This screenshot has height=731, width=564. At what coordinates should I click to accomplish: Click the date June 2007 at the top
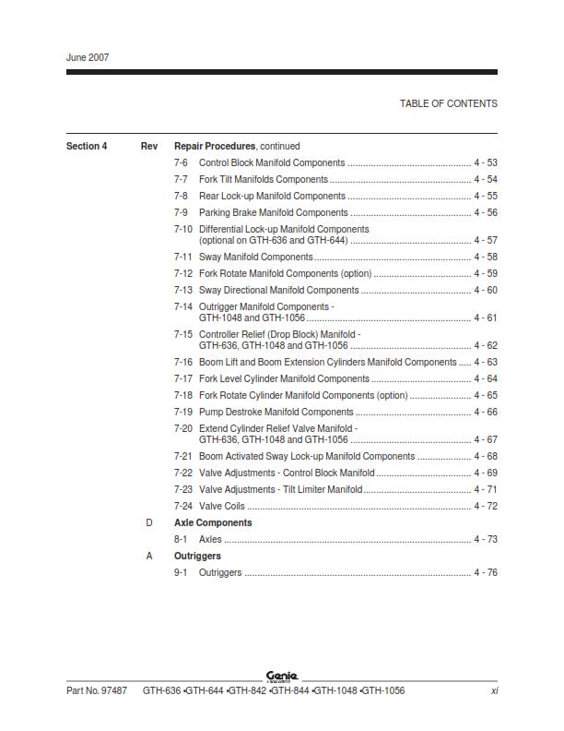[x=88, y=57]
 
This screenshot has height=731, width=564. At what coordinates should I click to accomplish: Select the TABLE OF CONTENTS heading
[x=448, y=103]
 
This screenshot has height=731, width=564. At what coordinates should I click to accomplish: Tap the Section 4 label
[x=87, y=146]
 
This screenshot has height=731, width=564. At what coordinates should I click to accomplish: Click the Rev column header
[x=149, y=146]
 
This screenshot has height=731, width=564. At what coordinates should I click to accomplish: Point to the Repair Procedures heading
[x=215, y=146]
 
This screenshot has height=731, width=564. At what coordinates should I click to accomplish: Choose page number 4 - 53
[x=486, y=162]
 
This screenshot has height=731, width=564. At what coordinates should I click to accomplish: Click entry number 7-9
[x=181, y=212]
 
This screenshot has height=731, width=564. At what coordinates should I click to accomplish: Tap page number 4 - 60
[x=486, y=290]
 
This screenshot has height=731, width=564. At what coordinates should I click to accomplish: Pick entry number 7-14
[x=183, y=306]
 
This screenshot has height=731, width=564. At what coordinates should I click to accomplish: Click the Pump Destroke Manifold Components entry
[x=276, y=412]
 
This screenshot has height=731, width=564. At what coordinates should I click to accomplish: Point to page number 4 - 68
[x=486, y=456]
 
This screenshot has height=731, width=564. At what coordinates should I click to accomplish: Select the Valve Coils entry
[x=222, y=506]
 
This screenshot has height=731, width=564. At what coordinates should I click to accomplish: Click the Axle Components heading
[x=213, y=522]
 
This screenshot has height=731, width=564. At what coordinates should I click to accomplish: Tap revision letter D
[x=149, y=522]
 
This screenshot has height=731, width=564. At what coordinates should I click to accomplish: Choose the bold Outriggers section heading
[x=197, y=556]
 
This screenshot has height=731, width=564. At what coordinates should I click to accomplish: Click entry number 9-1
[x=181, y=572]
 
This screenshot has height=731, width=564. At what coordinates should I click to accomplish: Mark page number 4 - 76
[x=486, y=572]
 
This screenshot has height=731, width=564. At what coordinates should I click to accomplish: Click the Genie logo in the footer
[x=282, y=677]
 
